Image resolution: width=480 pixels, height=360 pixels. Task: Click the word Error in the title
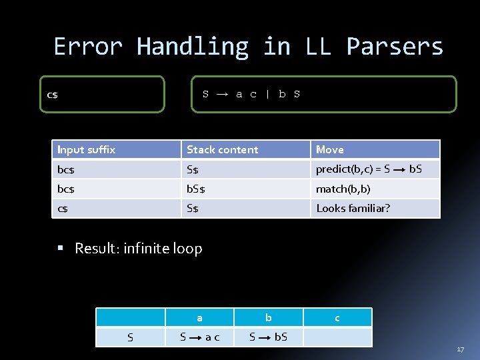(x=88, y=47)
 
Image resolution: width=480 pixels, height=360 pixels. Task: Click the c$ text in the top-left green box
(x=52, y=95)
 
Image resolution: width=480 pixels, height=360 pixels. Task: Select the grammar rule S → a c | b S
(x=251, y=94)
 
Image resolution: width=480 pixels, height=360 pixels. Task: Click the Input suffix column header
(x=86, y=149)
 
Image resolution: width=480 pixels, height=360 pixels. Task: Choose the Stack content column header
(x=222, y=149)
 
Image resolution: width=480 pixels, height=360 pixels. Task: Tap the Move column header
(x=330, y=149)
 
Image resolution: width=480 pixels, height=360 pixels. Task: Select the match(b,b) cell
(x=343, y=189)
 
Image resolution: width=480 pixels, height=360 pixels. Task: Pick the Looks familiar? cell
(x=353, y=208)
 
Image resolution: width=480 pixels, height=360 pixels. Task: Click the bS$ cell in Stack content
(x=196, y=189)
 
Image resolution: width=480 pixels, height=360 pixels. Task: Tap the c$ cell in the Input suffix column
(x=63, y=208)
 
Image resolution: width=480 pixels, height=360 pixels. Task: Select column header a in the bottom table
(x=199, y=318)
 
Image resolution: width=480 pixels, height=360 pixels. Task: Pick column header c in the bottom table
(x=337, y=318)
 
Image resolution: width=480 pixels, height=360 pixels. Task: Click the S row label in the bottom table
(x=130, y=337)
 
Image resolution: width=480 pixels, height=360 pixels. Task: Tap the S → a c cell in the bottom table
(x=199, y=337)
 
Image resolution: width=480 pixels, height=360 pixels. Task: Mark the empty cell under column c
(x=337, y=337)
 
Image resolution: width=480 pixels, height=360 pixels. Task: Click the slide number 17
(x=460, y=349)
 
